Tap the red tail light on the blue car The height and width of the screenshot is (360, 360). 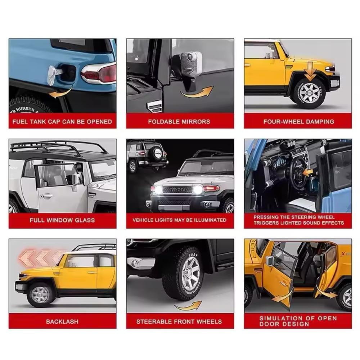pyautogui.click(x=101, y=73)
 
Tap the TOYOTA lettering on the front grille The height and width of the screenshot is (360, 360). pyautogui.click(x=177, y=190)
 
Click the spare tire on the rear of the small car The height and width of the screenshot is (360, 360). pyautogui.click(x=158, y=153)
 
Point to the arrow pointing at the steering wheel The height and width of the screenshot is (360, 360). pyautogui.click(x=308, y=172)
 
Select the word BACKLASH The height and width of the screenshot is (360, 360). pyautogui.click(x=62, y=321)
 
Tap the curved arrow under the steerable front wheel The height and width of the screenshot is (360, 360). pyautogui.click(x=188, y=306)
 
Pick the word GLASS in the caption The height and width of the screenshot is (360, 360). pyautogui.click(x=85, y=220)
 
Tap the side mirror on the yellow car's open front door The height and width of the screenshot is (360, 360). pyautogui.click(x=270, y=260)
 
